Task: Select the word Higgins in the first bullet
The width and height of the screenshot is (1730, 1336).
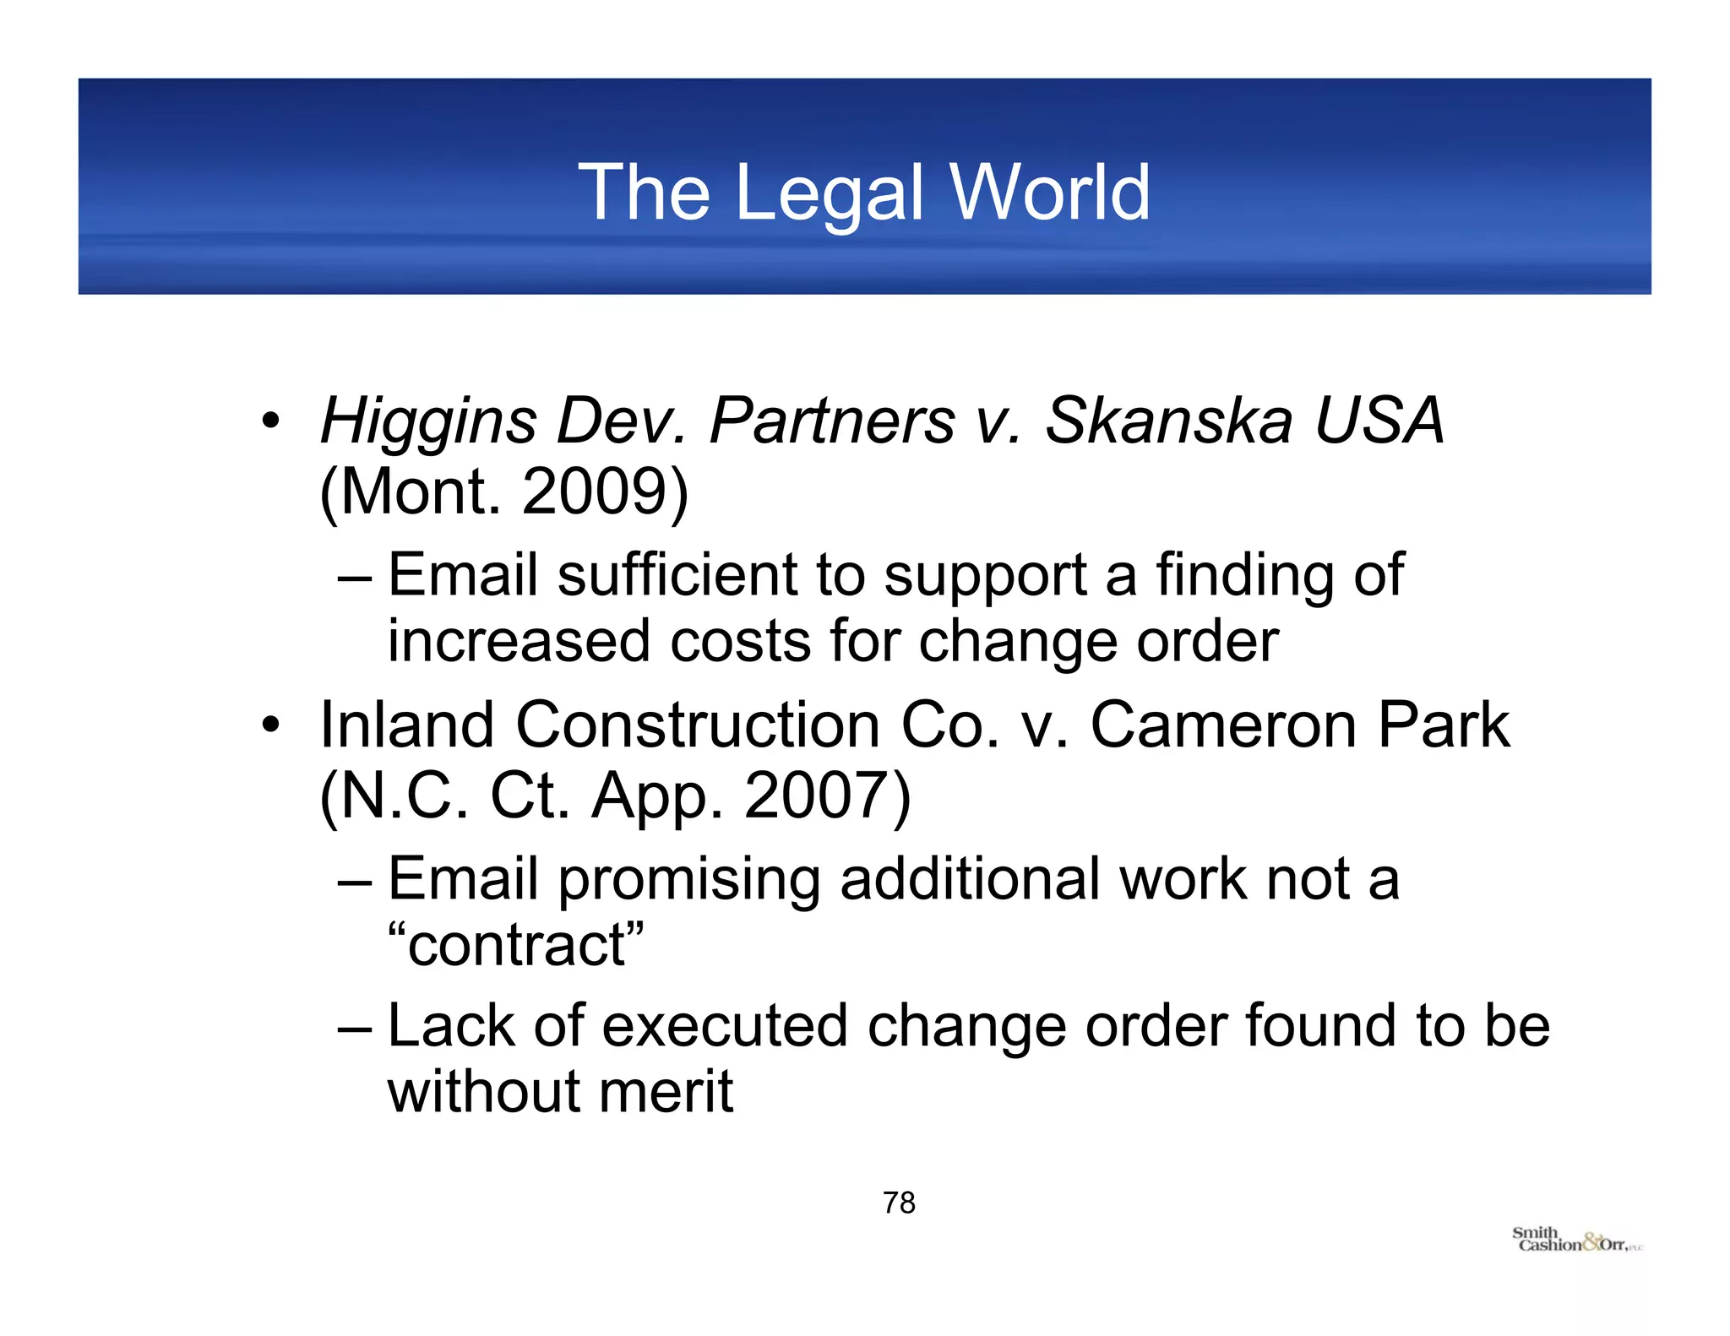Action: click(x=428, y=421)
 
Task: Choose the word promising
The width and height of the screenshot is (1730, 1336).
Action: click(x=688, y=880)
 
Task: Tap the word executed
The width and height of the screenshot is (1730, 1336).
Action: click(x=724, y=1026)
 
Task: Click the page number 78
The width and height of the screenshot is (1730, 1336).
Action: click(x=899, y=1203)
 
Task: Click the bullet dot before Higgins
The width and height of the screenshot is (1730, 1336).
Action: click(x=269, y=421)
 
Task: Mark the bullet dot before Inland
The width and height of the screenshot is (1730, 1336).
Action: click(x=269, y=725)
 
